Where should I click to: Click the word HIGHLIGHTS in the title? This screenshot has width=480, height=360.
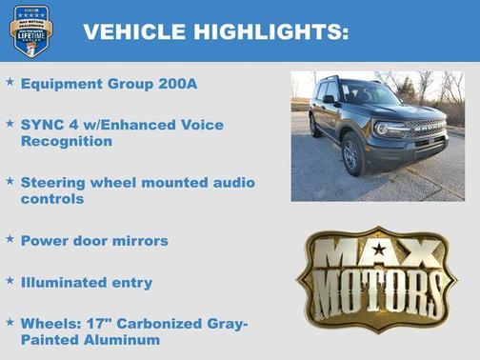click(270, 31)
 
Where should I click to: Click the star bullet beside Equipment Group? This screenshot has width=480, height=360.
click(10, 83)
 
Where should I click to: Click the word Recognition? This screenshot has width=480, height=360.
click(67, 141)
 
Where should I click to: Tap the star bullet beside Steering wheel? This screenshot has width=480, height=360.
click(10, 181)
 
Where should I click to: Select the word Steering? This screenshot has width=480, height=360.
click(55, 182)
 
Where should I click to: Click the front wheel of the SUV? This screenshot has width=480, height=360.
click(353, 157)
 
